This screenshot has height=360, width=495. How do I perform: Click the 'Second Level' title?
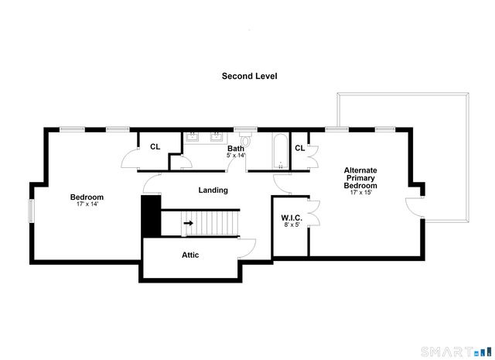tap(249, 76)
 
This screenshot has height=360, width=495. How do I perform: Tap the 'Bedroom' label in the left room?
tap(87, 197)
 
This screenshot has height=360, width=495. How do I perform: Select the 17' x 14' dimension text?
tap(87, 204)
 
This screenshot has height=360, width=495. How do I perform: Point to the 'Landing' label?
tap(213, 190)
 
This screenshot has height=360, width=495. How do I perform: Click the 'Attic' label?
tap(190, 255)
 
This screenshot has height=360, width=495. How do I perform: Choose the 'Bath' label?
tap(236, 148)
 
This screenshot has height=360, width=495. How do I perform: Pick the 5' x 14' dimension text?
tap(236, 156)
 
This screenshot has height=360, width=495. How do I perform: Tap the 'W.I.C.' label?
tap(291, 218)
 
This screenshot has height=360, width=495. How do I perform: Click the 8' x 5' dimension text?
tap(291, 225)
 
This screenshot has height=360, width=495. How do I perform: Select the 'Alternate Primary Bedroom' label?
tap(360, 178)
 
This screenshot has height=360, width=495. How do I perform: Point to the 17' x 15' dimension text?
tap(360, 193)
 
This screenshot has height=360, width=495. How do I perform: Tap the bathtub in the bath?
tap(278, 150)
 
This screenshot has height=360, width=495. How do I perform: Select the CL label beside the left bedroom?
tap(155, 146)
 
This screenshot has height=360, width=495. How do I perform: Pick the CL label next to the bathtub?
tap(299, 148)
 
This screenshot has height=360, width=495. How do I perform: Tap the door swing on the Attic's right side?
tap(248, 246)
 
